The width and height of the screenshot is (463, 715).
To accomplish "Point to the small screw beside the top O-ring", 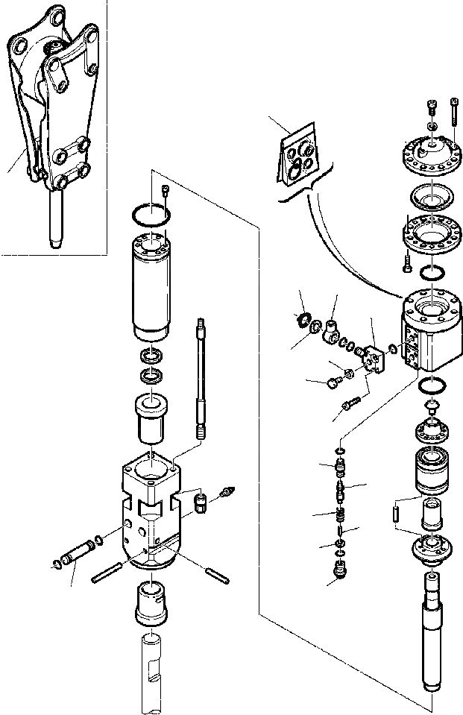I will click(165, 193).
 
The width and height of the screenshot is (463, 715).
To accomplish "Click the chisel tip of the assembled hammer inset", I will click(54, 224).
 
